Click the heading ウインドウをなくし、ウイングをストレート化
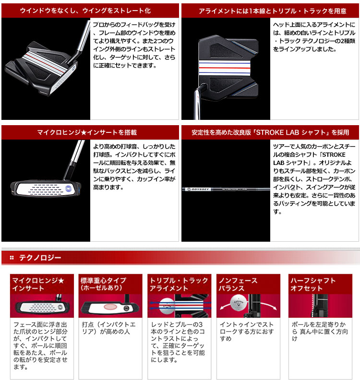click(x=85, y=11)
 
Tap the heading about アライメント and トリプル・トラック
click(x=273, y=11)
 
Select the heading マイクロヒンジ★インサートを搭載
click(x=87, y=132)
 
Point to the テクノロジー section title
click(x=40, y=258)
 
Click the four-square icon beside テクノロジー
click(x=12, y=258)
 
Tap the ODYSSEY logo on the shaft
click(x=198, y=189)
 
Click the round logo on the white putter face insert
click(x=69, y=189)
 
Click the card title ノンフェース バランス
click(x=238, y=284)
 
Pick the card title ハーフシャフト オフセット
click(x=313, y=284)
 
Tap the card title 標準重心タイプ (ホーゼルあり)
click(x=103, y=284)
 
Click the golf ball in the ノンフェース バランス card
click(x=239, y=302)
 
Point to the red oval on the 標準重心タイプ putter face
click(x=110, y=307)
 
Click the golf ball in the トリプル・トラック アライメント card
click(x=167, y=306)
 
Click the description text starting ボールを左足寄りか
click(x=320, y=331)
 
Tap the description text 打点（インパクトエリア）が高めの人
click(x=108, y=328)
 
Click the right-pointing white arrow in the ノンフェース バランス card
click(x=269, y=305)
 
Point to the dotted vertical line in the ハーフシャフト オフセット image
click(x=313, y=305)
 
